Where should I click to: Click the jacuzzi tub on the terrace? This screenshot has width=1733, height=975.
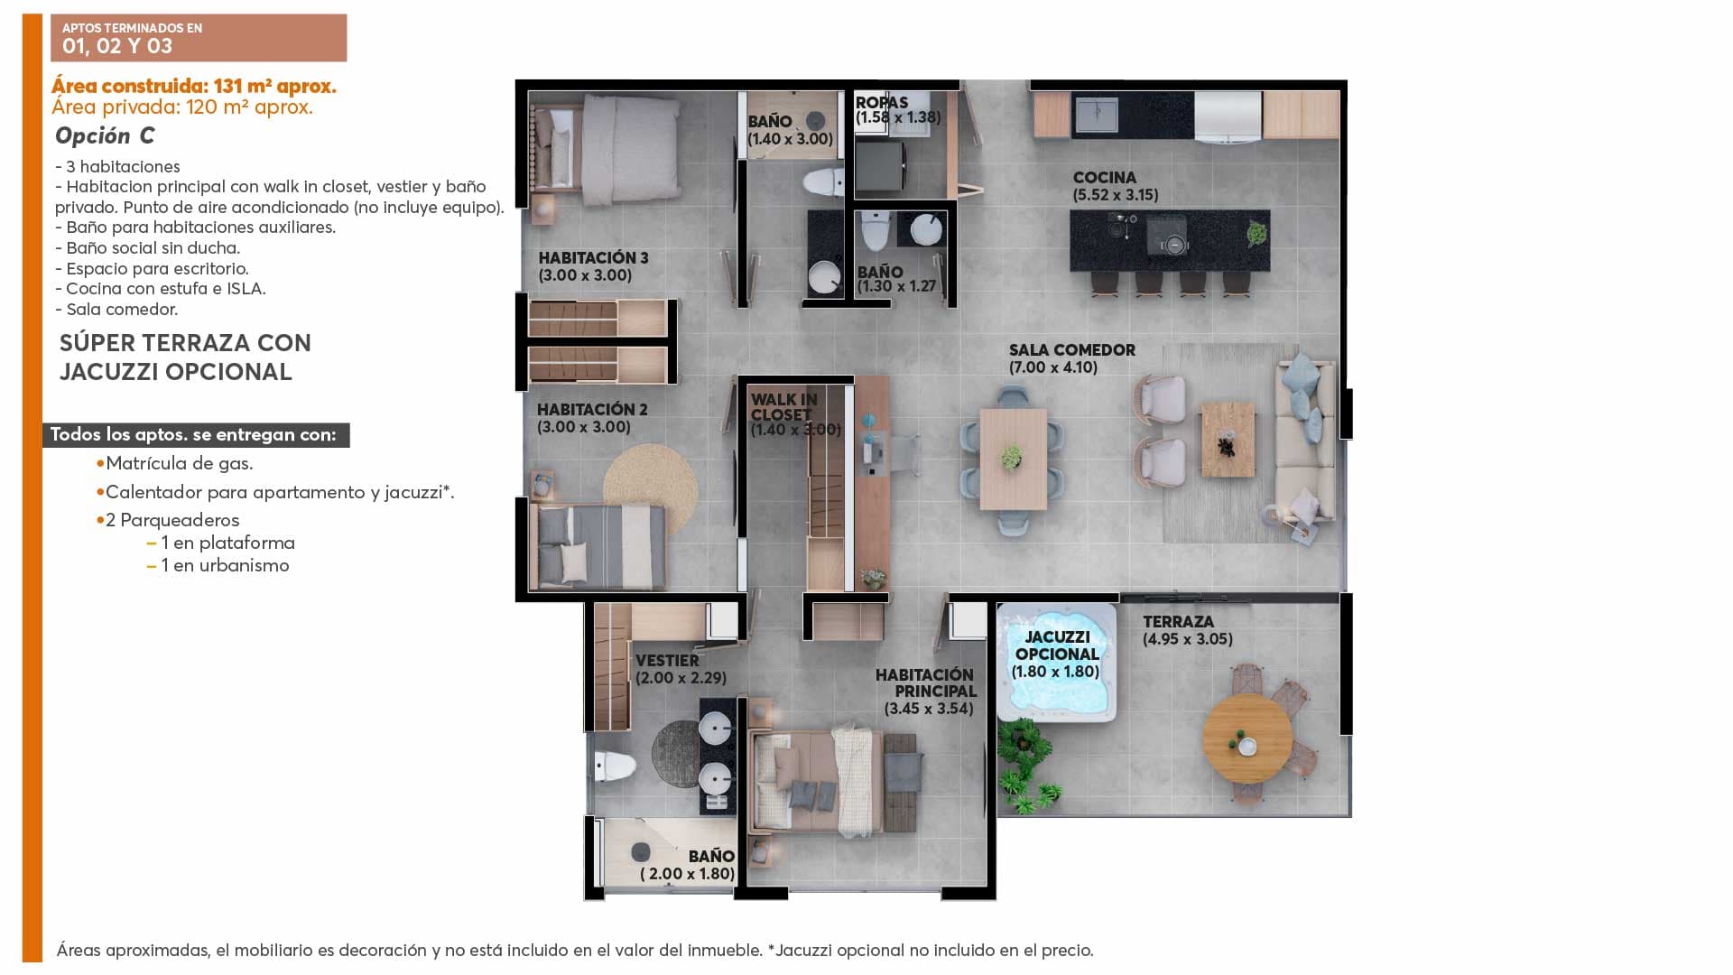click(1057, 663)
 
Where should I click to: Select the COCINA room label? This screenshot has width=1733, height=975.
click(1104, 178)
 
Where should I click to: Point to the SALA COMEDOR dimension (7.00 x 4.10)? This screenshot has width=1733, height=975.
click(1053, 367)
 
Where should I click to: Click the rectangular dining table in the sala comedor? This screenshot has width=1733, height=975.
click(1013, 459)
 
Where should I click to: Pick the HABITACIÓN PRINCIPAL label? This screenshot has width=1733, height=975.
click(925, 682)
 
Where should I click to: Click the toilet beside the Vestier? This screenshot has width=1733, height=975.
click(613, 767)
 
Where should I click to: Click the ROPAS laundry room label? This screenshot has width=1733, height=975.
click(882, 102)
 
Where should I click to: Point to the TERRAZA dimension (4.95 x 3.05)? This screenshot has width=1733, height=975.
click(1187, 639)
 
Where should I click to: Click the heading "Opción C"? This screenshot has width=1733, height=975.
click(105, 135)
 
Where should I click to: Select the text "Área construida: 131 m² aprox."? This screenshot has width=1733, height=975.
click(194, 87)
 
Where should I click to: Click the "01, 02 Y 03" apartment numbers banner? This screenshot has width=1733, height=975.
click(117, 46)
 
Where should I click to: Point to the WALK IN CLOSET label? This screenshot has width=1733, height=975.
click(783, 407)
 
